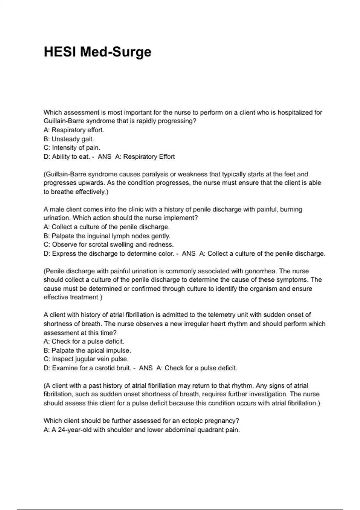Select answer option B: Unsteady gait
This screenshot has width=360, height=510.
(x=69, y=139)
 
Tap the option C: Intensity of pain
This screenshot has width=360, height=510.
(x=72, y=148)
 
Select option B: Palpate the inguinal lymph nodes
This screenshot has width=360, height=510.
(x=107, y=236)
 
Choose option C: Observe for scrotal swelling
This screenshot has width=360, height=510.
(x=109, y=244)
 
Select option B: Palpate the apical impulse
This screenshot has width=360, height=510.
(x=87, y=350)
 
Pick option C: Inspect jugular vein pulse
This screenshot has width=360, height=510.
(x=86, y=359)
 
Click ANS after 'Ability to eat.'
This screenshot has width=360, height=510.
(x=104, y=157)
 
